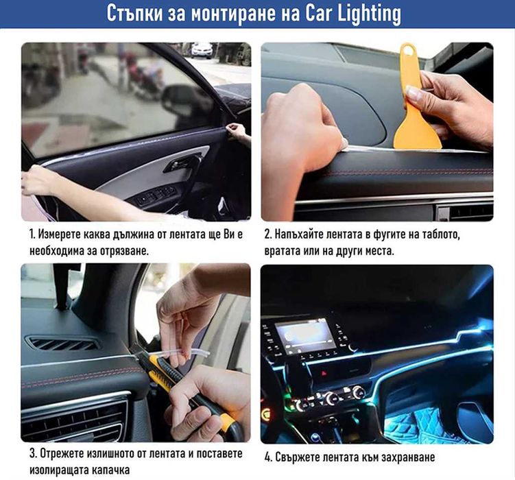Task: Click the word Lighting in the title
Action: (x=367, y=14)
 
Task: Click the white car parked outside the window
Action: (x=202, y=50)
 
